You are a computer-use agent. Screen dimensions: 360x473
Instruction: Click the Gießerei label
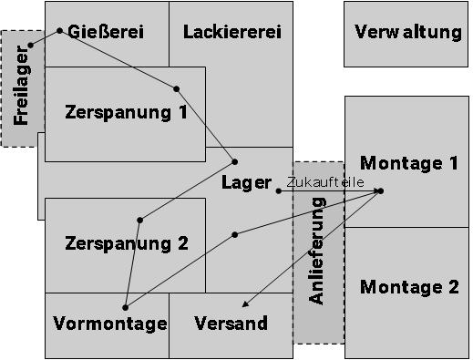pos(106,32)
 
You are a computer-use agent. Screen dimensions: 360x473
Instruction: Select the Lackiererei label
pos(231,32)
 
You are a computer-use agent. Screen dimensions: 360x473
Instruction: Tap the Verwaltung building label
pos(408,33)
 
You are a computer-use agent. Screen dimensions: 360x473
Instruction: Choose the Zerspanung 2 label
pos(126,243)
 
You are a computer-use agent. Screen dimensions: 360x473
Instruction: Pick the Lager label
pos(246,181)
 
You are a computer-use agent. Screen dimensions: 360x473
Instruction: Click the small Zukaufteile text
pos(325,182)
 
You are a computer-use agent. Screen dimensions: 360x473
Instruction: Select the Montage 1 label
pos(409,163)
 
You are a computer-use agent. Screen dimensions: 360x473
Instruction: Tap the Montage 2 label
pos(409,287)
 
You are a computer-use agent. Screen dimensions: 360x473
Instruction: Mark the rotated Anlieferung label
pos(317,257)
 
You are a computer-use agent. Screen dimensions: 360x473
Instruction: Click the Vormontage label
pos(109,324)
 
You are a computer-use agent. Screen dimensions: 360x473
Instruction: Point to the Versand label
pos(231,324)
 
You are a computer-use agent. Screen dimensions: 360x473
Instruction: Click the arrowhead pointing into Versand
pos(244,305)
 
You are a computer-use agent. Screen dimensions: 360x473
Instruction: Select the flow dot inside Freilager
pos(30,45)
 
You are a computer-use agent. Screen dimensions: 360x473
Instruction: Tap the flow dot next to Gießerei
pos(60,31)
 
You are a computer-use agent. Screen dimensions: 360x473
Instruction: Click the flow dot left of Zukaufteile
pos(279,190)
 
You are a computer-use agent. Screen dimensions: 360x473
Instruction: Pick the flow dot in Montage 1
pos(380,190)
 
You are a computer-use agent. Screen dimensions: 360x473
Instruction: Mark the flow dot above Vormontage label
pos(125,308)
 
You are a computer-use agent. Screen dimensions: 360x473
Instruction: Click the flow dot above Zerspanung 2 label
pos(139,220)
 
